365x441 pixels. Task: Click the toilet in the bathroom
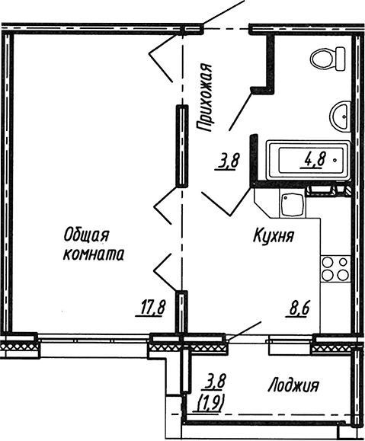tap(328, 59)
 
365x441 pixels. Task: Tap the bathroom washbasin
tap(340, 115)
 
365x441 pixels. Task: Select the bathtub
tap(309, 160)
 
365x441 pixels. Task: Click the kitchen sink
tap(292, 204)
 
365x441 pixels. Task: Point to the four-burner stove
tap(335, 269)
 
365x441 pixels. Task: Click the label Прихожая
tap(204, 97)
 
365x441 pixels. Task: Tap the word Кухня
tap(274, 236)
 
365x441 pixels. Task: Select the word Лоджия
tap(293, 385)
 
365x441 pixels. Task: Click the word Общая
tap(86, 235)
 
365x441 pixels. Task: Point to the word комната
tap(93, 255)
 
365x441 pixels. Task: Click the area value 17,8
tap(150, 308)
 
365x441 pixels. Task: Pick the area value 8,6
tap(298, 308)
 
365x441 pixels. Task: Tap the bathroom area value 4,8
tap(313, 160)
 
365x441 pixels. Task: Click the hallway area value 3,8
tap(227, 162)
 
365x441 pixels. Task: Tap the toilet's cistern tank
tap(341, 59)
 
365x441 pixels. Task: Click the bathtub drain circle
tap(335, 160)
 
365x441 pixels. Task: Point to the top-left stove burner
tap(328, 263)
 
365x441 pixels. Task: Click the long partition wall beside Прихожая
tap(182, 145)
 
